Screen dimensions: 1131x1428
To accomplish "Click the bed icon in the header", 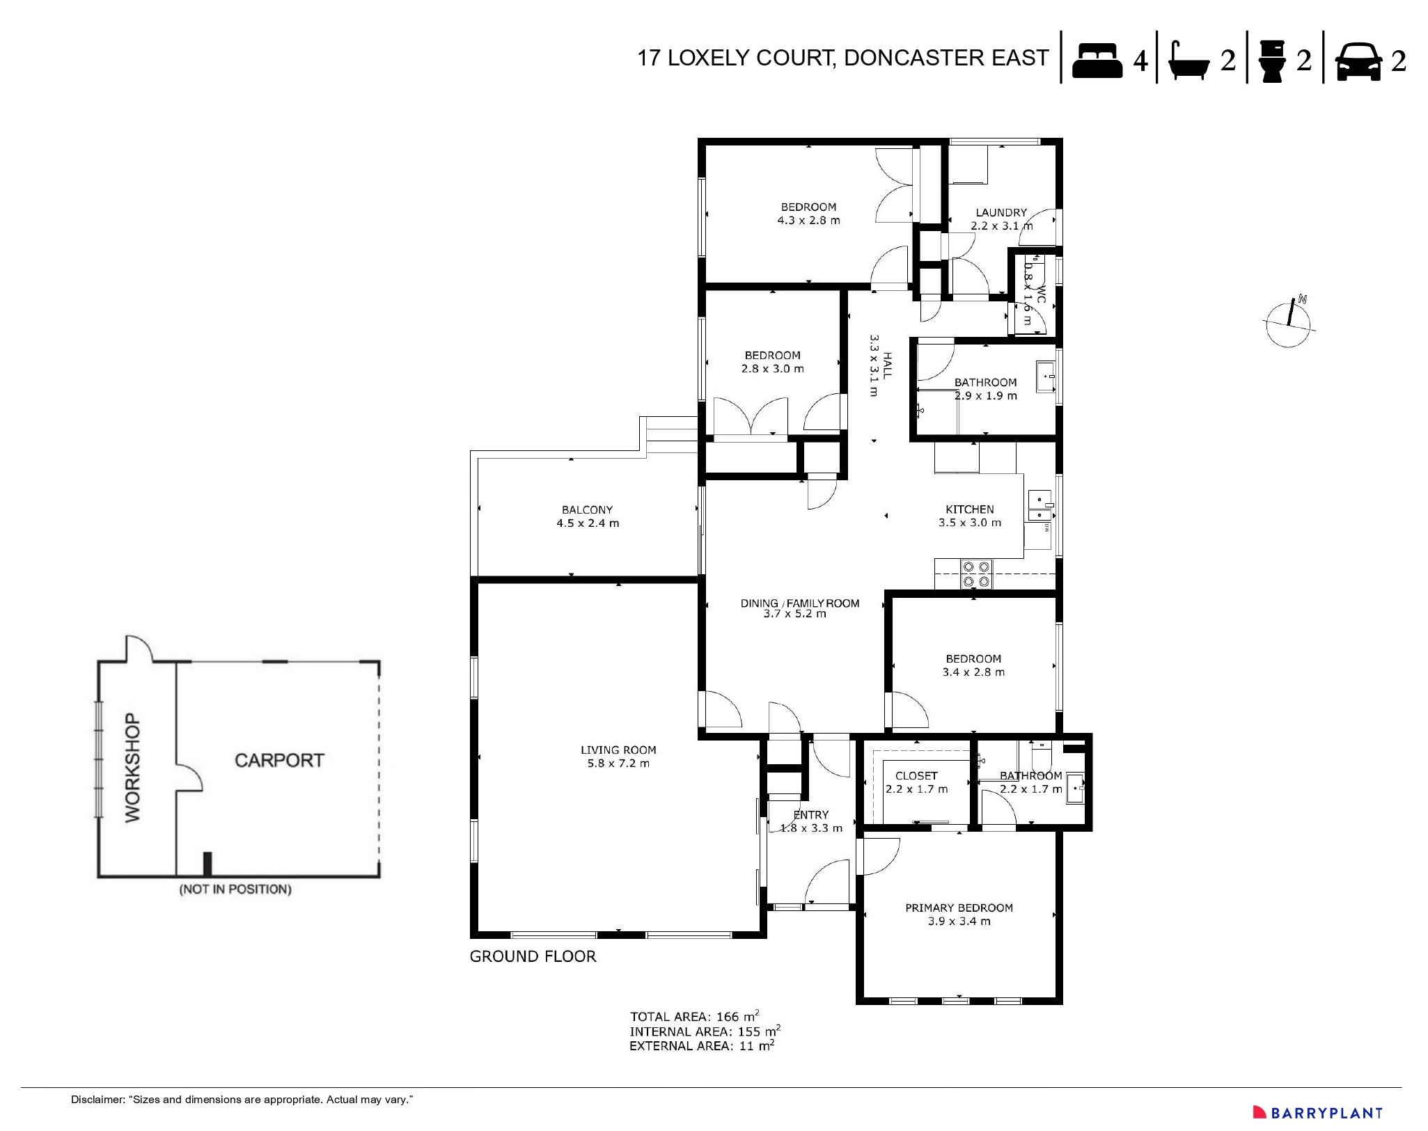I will click(1097, 61).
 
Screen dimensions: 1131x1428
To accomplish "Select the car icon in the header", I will click(1358, 61).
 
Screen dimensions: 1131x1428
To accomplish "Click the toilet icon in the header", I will click(1272, 61).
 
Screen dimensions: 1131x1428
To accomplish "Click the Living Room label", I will click(618, 756).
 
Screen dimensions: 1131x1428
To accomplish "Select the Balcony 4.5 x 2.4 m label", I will click(587, 516).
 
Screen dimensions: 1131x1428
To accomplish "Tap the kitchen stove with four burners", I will click(975, 574).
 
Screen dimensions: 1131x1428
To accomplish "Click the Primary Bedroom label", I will click(959, 914).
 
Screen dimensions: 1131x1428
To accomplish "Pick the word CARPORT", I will click(279, 760).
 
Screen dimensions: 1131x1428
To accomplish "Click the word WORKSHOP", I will click(132, 768).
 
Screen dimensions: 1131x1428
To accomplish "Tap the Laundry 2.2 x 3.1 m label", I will click(1001, 219).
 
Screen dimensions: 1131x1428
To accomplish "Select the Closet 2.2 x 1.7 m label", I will click(916, 782).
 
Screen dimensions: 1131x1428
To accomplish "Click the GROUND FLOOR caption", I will click(533, 956).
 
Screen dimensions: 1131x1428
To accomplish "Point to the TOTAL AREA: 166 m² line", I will click(694, 1016).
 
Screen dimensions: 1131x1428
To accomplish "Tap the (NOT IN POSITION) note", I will click(235, 889).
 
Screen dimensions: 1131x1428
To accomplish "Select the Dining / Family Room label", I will click(799, 608).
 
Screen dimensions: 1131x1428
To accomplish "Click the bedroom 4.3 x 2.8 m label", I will click(808, 213).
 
